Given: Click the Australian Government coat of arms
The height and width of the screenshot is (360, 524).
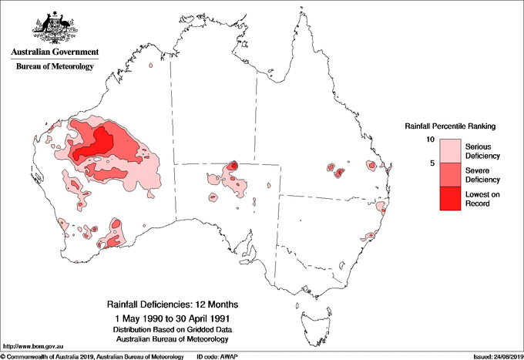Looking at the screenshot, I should click(55, 26).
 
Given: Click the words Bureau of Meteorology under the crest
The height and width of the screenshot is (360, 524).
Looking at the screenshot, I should click(55, 66).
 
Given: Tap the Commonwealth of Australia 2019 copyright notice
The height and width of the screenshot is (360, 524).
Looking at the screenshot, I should click(92, 356).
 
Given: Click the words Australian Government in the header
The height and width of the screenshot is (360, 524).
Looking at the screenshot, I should click(55, 52).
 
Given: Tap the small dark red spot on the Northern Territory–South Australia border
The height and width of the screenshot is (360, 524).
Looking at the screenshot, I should click(233, 165).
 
